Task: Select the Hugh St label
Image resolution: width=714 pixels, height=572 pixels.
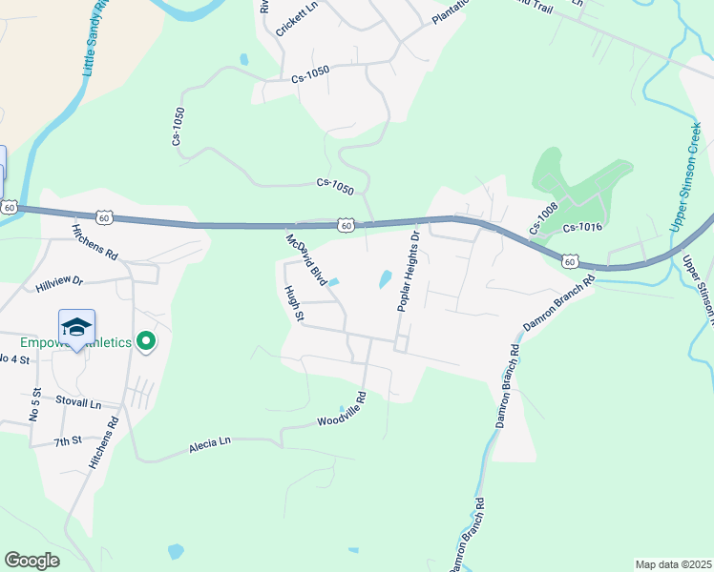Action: [293, 302]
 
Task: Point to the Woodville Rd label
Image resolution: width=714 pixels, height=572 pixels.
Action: [342, 409]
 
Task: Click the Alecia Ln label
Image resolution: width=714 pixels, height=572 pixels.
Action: [210, 442]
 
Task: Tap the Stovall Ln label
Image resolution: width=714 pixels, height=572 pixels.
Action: [78, 403]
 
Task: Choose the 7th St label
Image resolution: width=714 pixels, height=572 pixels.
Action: [69, 441]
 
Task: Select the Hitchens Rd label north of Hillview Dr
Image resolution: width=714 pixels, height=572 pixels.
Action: [94, 243]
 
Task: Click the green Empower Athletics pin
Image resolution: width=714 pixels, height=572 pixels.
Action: [145, 340]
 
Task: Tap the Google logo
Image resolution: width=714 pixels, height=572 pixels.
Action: [32, 561]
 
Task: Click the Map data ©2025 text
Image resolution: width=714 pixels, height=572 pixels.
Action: [672, 564]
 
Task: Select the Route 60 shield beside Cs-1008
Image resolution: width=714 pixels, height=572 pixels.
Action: [569, 260]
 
